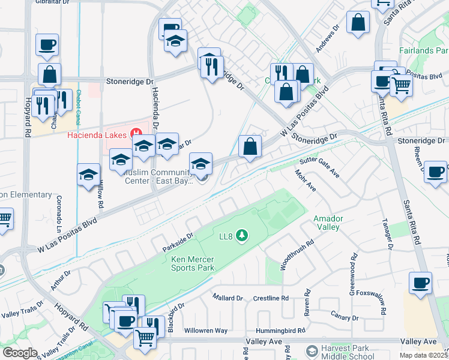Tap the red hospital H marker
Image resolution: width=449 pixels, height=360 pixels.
pos(137,133)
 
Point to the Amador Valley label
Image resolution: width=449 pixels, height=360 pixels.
pos(327,223)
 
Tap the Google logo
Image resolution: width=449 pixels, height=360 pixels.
pos(20,353)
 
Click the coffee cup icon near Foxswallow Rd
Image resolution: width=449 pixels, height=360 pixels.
pos(420,282)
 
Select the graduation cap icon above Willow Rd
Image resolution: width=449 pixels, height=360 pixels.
pos(89,174)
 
